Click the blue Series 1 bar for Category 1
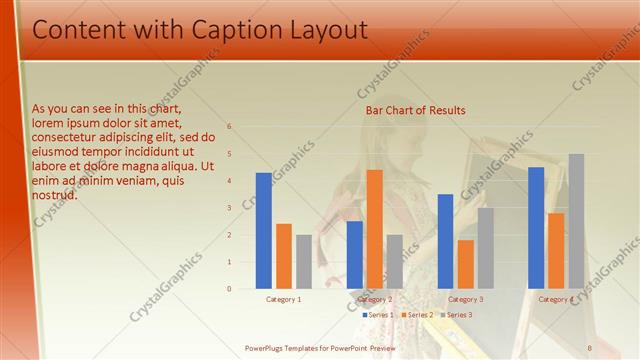click(x=263, y=230)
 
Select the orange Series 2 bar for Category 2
click(x=374, y=229)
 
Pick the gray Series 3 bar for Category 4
click(x=576, y=221)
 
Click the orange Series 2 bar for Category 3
click(x=465, y=264)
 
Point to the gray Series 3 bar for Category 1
click(x=303, y=261)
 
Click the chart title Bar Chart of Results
click(x=415, y=110)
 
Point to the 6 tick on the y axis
click(x=229, y=127)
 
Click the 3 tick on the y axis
click(x=229, y=208)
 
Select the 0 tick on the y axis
click(x=229, y=289)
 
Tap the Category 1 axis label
click(x=283, y=299)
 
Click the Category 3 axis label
click(x=465, y=299)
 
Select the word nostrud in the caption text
click(x=55, y=195)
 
